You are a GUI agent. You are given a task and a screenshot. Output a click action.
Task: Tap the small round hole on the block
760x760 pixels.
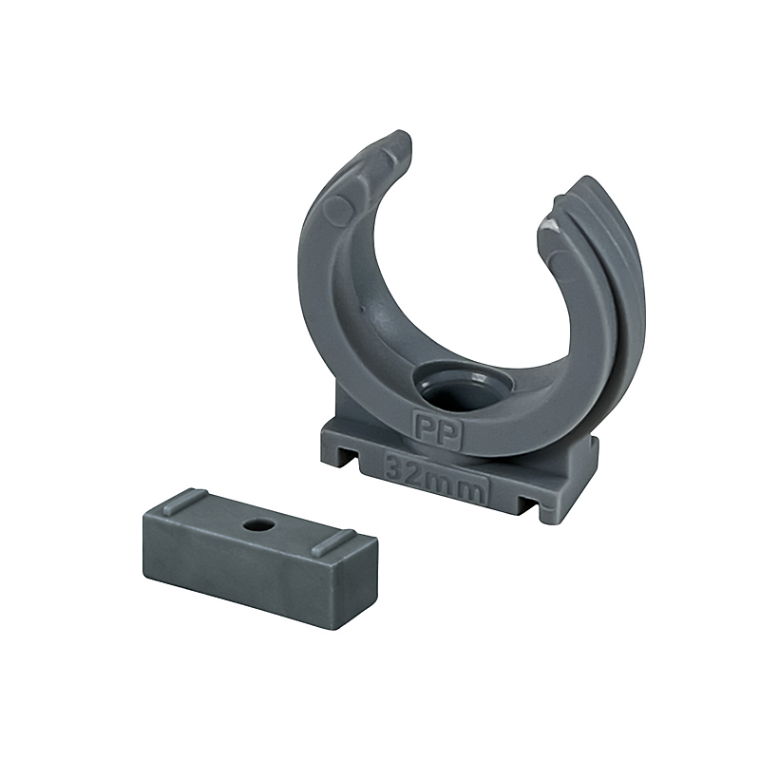pos(254,524)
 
